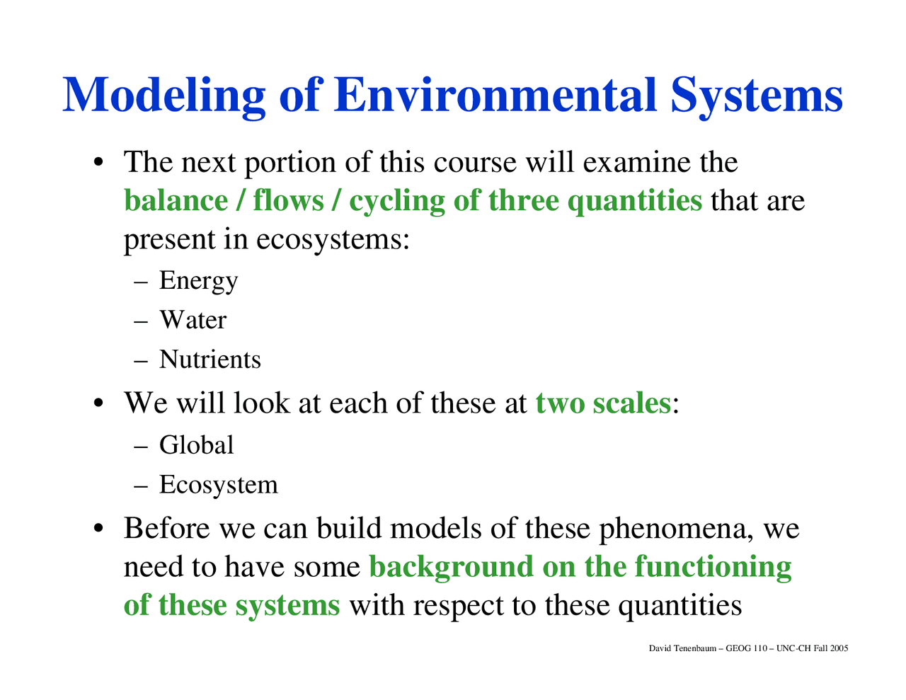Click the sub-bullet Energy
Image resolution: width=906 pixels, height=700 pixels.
tap(198, 281)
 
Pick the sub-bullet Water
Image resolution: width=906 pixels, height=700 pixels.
tap(193, 320)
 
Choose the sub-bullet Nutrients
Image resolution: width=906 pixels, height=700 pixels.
tap(210, 360)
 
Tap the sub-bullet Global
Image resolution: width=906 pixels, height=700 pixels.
tap(196, 445)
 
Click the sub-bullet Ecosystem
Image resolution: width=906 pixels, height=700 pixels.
tap(218, 485)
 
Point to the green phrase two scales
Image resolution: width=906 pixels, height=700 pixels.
tap(602, 403)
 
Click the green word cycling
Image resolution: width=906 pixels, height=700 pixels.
tap(396, 201)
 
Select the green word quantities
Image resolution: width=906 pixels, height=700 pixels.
tap(634, 201)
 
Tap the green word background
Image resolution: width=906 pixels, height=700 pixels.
tap(451, 567)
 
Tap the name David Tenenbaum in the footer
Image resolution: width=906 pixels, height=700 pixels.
tap(682, 648)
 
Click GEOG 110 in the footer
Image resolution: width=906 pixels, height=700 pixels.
tap(746, 648)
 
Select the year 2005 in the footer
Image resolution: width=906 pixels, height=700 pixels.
tap(839, 648)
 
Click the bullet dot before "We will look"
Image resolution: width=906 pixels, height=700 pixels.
tap(101, 403)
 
